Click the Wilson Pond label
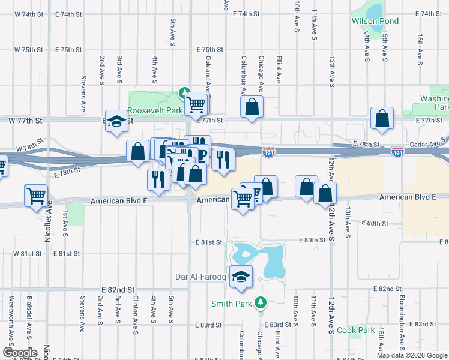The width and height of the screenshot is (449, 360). [375, 22]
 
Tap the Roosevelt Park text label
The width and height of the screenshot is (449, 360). [155, 111]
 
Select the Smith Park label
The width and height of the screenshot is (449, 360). [231, 304]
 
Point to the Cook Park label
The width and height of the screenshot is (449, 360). [355, 331]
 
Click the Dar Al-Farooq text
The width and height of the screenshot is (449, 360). [200, 277]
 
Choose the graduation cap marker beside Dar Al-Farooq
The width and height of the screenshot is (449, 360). [241, 276]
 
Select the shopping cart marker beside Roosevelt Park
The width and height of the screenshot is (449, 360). [196, 103]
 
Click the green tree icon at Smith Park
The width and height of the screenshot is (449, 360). [260, 302]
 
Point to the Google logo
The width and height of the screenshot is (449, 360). [20, 353]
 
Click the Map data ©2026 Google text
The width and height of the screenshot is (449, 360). [411, 355]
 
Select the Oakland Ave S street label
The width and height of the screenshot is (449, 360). [208, 71]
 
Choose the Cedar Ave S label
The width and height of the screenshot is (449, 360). [429, 144]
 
